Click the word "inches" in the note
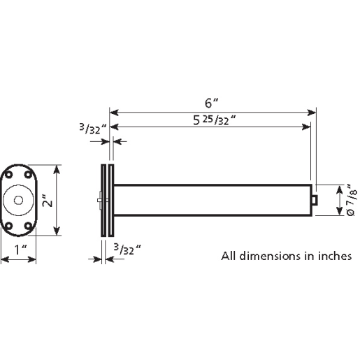327,256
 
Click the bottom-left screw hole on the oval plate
10,226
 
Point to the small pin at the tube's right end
315,201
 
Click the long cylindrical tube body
210,201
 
